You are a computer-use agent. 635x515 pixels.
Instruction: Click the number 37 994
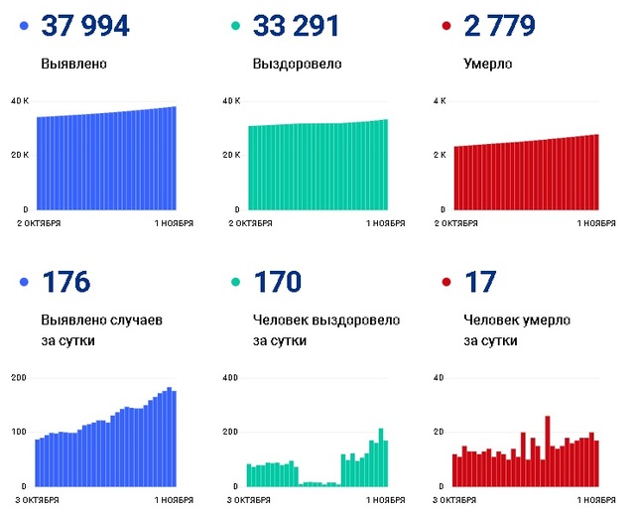click(85, 26)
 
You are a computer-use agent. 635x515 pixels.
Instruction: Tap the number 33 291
click(297, 26)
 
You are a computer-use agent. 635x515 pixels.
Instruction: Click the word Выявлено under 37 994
click(74, 64)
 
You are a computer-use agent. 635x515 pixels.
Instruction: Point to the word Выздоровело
click(298, 64)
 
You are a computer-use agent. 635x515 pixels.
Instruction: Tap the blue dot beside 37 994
click(23, 27)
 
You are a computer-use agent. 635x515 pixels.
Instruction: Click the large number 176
click(65, 283)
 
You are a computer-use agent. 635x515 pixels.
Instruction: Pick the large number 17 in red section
click(480, 283)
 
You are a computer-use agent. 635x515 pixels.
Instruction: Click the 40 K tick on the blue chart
click(20, 101)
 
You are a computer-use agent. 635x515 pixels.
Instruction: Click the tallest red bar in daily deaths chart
click(547, 451)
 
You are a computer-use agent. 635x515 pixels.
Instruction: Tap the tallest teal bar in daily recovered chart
click(380, 457)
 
